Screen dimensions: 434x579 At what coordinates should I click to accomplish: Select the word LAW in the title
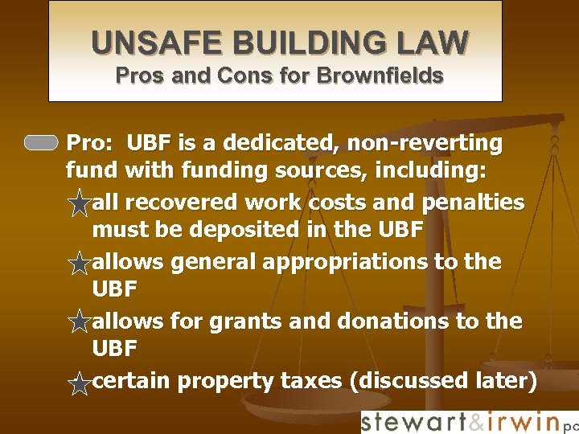[437, 43]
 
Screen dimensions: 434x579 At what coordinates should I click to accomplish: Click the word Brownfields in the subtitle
[380, 76]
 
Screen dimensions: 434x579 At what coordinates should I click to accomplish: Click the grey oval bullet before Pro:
[41, 144]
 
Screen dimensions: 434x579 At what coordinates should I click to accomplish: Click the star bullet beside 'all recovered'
[79, 203]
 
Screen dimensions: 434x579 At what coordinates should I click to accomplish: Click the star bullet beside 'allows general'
[79, 263]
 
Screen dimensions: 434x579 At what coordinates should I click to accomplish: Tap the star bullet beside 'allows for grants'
[79, 323]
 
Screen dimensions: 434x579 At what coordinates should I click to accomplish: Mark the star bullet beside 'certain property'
[79, 383]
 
